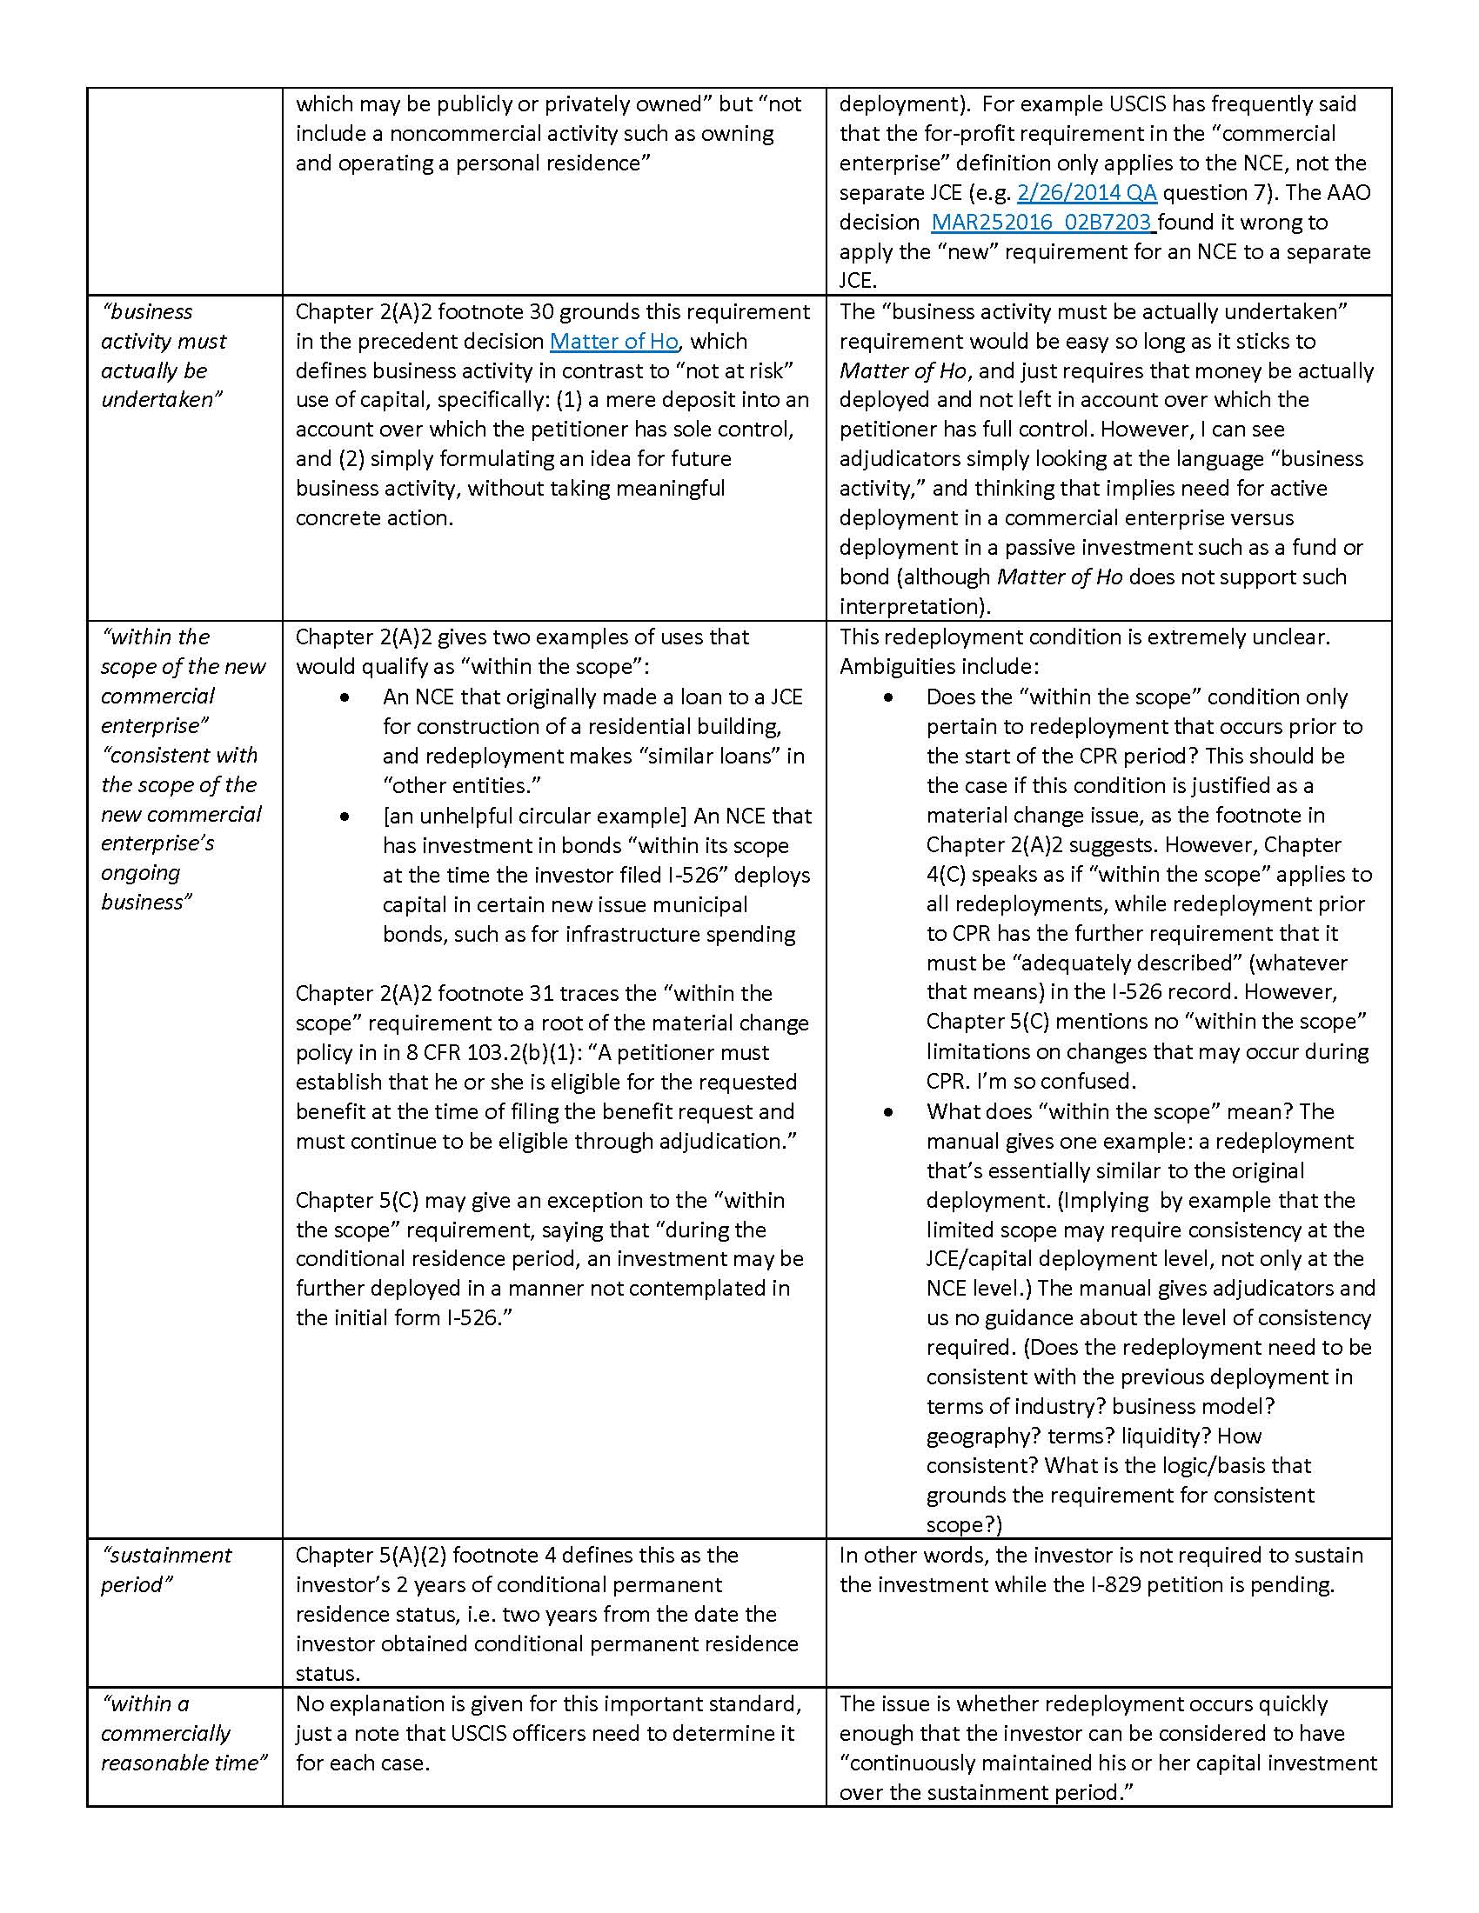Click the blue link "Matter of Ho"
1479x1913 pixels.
[613, 342]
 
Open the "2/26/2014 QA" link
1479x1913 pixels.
[1087, 193]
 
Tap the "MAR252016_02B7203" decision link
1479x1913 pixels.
[1042, 223]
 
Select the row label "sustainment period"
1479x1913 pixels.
[166, 1570]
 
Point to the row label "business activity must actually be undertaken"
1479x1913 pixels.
[164, 356]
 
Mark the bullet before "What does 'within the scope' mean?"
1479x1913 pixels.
[888, 1112]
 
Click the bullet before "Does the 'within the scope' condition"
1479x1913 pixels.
[888, 697]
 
